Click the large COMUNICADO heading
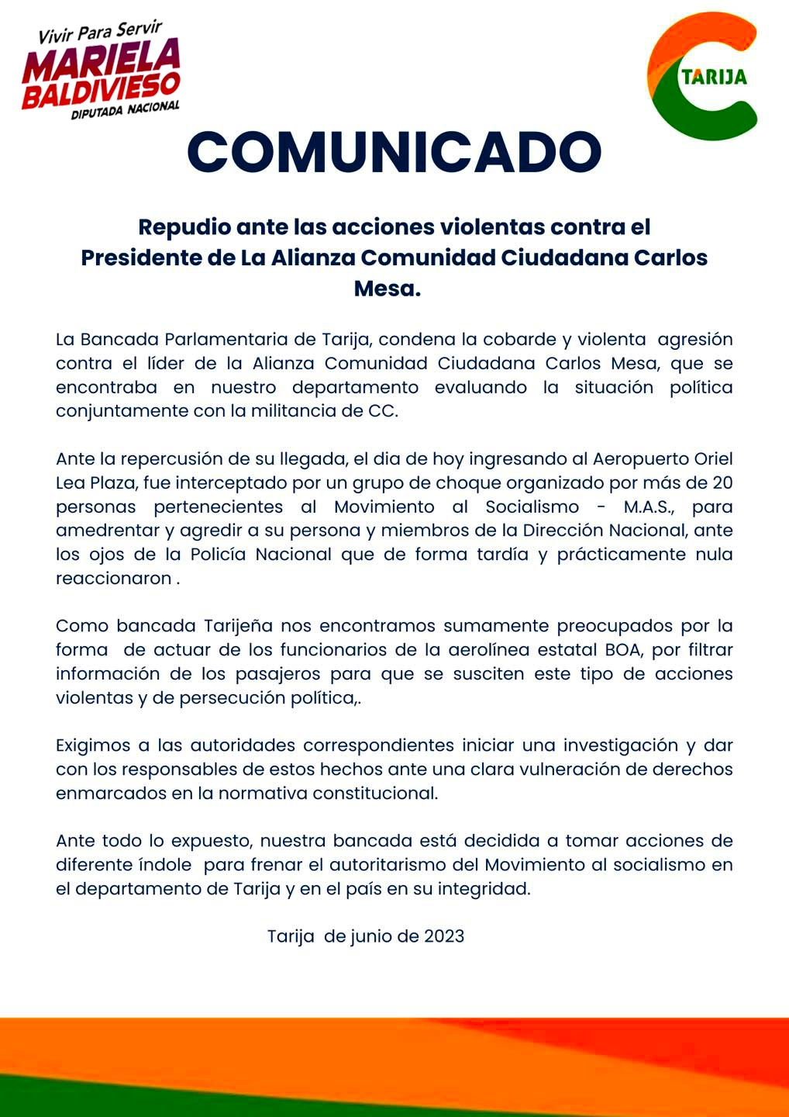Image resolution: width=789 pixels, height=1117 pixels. [394, 151]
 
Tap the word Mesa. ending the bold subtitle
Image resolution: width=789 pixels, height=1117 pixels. [387, 288]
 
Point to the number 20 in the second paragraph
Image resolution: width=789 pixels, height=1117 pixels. [722, 482]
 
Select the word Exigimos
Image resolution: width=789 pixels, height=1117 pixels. [92, 745]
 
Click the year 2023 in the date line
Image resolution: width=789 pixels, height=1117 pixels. [444, 935]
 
